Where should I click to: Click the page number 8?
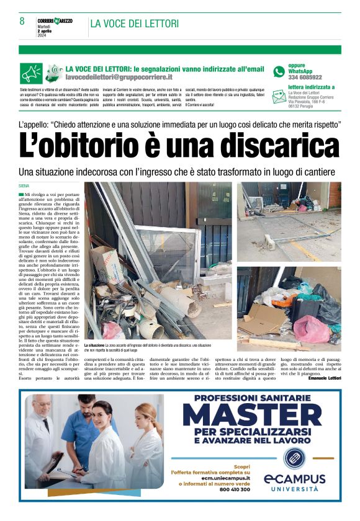(22, 21)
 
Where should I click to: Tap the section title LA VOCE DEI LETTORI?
(134, 24)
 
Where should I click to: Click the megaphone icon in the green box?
(31, 73)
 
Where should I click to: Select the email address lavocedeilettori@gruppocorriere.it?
(119, 77)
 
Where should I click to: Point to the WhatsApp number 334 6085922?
(305, 78)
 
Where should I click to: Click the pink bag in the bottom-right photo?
(310, 328)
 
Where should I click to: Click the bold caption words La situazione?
(94, 345)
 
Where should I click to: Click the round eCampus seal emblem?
(294, 458)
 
